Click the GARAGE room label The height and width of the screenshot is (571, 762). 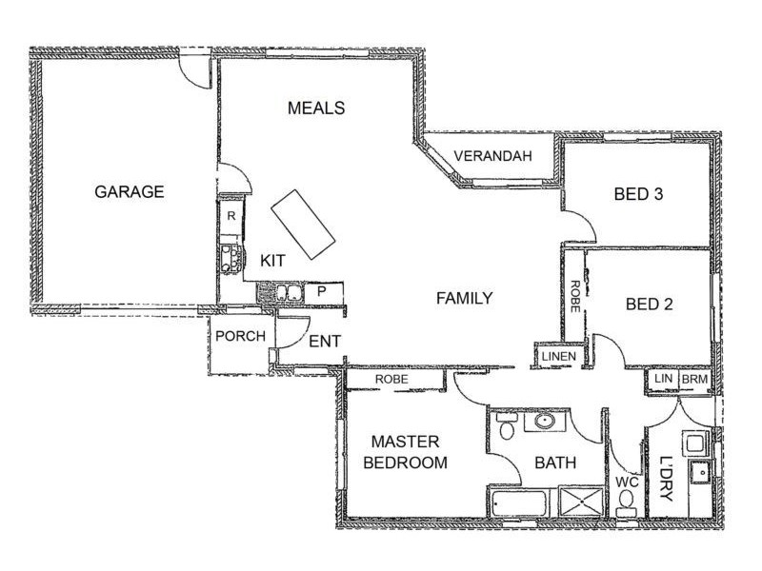[x=130, y=192]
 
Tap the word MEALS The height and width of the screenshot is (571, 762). [x=316, y=108]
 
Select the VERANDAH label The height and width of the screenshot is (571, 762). [x=492, y=156]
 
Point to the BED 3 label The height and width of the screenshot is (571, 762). [x=638, y=194]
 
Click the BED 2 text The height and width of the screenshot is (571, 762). [x=650, y=305]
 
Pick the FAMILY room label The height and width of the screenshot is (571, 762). [x=465, y=298]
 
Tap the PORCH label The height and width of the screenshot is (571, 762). [x=241, y=336]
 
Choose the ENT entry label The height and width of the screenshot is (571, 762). [x=325, y=342]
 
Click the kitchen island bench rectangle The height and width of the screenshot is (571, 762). [x=303, y=224]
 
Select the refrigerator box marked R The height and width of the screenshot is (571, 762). [x=231, y=216]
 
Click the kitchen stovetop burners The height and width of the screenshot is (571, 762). [x=231, y=259]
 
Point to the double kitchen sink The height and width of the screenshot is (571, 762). [x=288, y=293]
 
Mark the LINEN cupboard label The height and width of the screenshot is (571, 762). [x=559, y=356]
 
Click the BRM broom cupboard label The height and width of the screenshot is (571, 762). [x=695, y=379]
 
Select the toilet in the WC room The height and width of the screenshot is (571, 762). [x=626, y=504]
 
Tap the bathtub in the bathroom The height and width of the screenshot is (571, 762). [x=519, y=504]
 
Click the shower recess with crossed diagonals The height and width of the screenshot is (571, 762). [x=581, y=502]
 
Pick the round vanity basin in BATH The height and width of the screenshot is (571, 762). [x=545, y=421]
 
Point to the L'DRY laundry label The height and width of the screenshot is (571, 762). [x=667, y=479]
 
